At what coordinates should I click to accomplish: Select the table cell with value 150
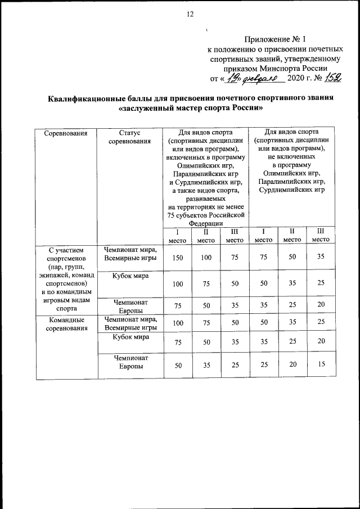(178, 258)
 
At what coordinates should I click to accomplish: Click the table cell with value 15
(321, 365)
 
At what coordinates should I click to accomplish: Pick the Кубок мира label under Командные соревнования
(129, 337)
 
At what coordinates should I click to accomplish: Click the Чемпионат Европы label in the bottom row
(129, 362)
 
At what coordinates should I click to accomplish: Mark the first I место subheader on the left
(178, 236)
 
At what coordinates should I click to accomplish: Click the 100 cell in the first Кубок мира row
(178, 284)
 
